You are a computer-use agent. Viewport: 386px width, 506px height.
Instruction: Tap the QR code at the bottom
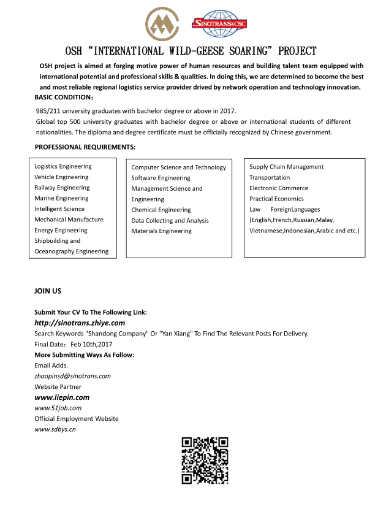click(x=205, y=460)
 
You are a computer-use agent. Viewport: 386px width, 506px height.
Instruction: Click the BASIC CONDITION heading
click(x=64, y=98)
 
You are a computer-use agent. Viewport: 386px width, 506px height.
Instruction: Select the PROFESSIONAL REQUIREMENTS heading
click(x=85, y=147)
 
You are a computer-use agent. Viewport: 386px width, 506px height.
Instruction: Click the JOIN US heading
click(x=48, y=291)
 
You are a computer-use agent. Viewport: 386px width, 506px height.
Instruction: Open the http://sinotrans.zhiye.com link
click(x=80, y=323)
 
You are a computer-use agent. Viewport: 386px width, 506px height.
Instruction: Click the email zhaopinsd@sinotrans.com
click(x=72, y=376)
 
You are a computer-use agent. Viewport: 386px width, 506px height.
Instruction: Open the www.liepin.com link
click(x=62, y=397)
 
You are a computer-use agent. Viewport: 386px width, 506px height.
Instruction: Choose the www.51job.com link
click(x=58, y=408)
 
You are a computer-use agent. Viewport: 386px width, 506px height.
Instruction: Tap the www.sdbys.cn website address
click(x=55, y=429)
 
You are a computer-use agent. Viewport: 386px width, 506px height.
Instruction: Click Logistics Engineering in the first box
click(x=63, y=166)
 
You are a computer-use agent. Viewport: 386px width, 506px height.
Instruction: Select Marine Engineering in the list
click(x=61, y=198)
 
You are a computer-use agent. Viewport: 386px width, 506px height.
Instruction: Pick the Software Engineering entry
click(x=161, y=178)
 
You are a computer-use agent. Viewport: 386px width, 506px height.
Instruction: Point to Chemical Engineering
click(x=161, y=210)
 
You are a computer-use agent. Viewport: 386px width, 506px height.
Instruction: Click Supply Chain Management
click(x=286, y=167)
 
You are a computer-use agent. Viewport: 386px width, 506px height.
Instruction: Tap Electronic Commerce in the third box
click(x=279, y=188)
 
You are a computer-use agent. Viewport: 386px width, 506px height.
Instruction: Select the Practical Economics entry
click(x=276, y=199)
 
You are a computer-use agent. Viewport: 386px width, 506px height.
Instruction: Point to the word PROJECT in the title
click(x=294, y=51)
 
